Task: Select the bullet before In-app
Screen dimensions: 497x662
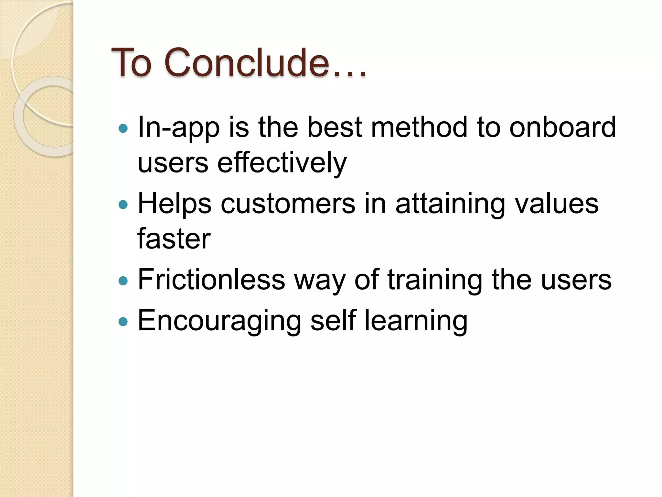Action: click(x=123, y=128)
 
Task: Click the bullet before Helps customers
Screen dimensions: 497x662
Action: click(x=123, y=204)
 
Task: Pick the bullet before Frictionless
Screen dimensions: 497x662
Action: click(x=123, y=281)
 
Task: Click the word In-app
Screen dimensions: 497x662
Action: click(x=179, y=127)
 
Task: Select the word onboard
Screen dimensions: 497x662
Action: click(x=562, y=127)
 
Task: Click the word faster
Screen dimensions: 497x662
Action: click(x=174, y=239)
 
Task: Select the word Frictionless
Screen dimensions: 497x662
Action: click(x=211, y=280)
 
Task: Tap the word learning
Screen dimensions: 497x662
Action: click(x=416, y=321)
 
